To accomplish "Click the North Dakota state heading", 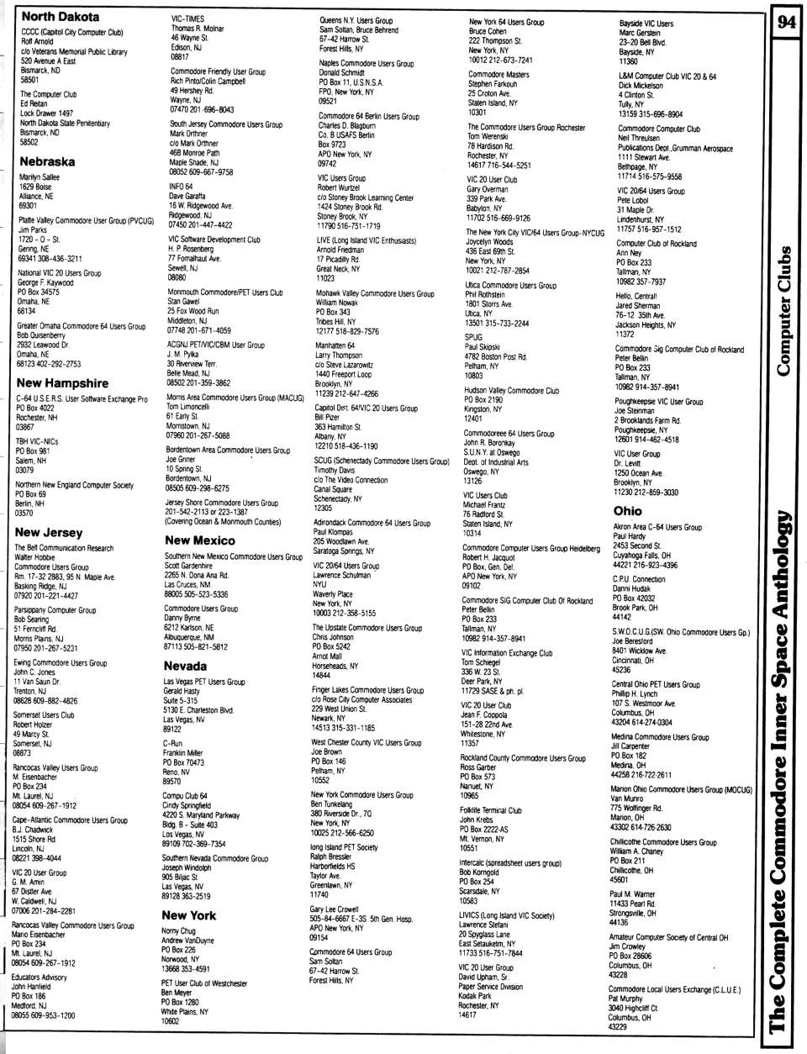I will pos(60,17).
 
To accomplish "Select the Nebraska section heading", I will pos(47,161).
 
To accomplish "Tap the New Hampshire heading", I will pos(62,382).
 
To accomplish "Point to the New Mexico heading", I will pos(199,540).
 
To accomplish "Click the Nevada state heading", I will pos(185,666).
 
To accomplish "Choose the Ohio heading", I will pos(627,510).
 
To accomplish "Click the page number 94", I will pos(786,23).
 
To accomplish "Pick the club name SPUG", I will pos(473,337).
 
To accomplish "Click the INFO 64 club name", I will pos(181,186).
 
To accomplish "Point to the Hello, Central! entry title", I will pos(636,296).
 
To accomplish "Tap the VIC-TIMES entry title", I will pos(187,18).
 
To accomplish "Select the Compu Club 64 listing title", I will pos(185,795).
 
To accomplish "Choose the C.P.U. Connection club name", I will pos(638,579).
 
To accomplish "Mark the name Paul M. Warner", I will pos(631,894).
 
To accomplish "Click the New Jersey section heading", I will pos(49,533).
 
